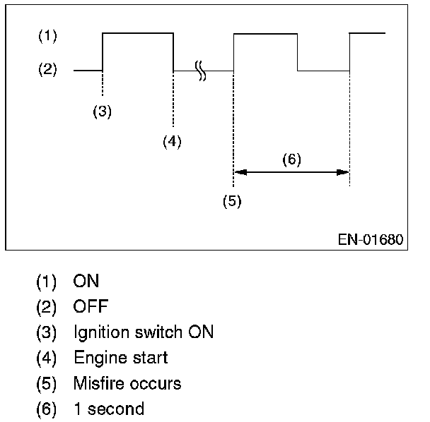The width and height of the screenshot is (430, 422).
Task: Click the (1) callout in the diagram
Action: click(47, 35)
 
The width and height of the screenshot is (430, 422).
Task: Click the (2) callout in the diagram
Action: click(47, 71)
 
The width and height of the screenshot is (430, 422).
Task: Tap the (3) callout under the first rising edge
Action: click(103, 111)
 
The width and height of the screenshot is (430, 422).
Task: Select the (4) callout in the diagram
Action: click(171, 141)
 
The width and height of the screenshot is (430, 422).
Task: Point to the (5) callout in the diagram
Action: click(232, 201)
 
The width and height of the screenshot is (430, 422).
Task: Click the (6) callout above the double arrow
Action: click(291, 159)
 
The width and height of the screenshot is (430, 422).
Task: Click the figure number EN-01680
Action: click(371, 240)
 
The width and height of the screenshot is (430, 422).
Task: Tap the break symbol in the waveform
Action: click(201, 71)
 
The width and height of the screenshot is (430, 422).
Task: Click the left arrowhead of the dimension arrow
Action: click(239, 171)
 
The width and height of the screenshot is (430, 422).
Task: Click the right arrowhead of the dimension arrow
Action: click(344, 171)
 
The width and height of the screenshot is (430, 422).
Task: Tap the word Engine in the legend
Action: click(95, 358)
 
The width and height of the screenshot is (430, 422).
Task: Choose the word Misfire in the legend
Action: click(98, 383)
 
